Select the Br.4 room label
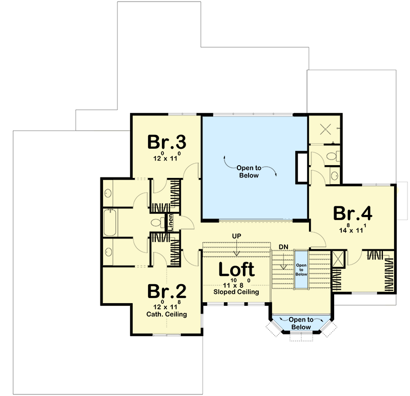tap(353, 213)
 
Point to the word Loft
tap(236, 270)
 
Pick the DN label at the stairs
tap(283, 247)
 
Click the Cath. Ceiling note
tap(167, 314)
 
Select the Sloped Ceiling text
tap(236, 292)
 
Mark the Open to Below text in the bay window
tap(301, 323)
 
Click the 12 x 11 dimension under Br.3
tap(167, 158)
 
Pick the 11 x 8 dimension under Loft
tap(236, 285)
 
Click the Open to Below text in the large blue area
tap(250, 171)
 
